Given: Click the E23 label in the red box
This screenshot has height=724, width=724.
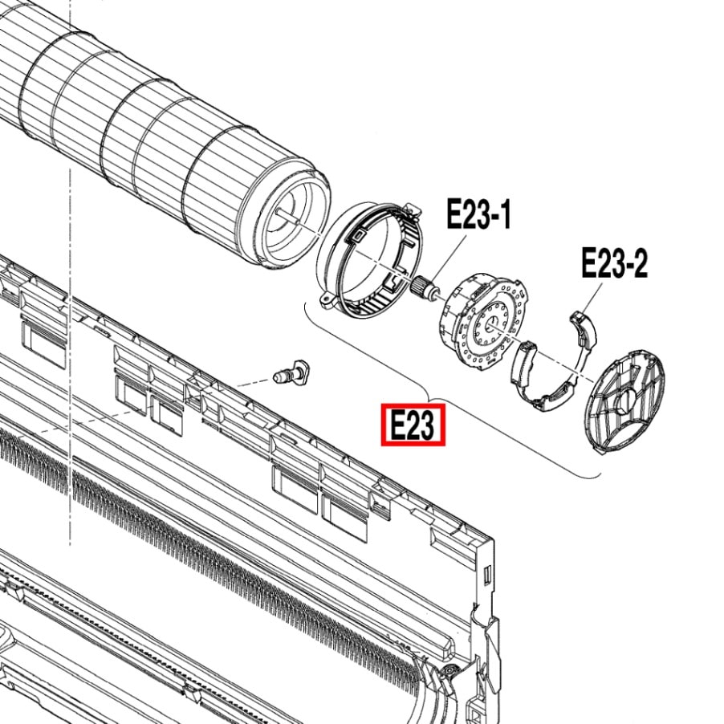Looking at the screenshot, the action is click(413, 425).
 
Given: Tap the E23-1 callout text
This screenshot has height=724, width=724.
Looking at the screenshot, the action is click(479, 214).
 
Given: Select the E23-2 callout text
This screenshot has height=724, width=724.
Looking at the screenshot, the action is click(614, 262).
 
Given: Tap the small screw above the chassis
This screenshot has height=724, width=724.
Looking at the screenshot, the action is click(291, 372).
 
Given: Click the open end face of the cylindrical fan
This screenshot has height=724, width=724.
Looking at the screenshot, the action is click(292, 218).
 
